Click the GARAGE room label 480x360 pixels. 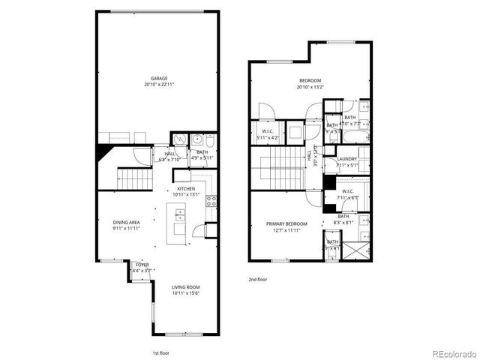point(158,78)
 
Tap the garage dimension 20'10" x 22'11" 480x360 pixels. point(158,84)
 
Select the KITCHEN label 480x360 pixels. point(186,188)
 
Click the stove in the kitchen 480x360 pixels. point(211,201)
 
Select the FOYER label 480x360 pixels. point(142,265)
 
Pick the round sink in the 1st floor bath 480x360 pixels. point(196,139)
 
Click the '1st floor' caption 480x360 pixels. point(160,351)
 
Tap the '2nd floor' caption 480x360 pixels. point(258,279)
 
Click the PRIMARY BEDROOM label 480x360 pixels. point(286,223)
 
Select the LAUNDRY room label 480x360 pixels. point(346,158)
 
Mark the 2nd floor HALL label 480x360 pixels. point(309,156)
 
